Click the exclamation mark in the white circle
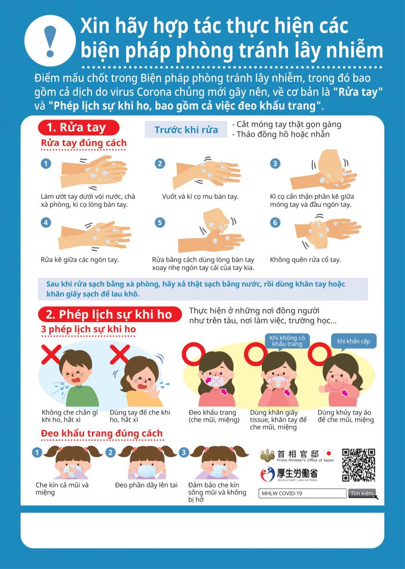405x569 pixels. [50, 41]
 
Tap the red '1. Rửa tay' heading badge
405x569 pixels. [79, 128]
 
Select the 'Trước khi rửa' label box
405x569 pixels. [186, 129]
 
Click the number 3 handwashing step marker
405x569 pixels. [275, 163]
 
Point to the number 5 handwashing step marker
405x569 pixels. [160, 223]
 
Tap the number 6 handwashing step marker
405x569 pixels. [275, 223]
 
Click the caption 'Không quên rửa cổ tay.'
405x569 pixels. [305, 260]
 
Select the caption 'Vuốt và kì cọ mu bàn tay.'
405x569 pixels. [200, 196]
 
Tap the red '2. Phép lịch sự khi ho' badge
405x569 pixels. [109, 314]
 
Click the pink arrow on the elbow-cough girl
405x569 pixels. [345, 393]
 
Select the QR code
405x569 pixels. [359, 465]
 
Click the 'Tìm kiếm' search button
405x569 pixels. [361, 493]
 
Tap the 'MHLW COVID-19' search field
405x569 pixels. [302, 493]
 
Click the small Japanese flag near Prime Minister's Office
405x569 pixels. [329, 453]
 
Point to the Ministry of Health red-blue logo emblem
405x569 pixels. [268, 474]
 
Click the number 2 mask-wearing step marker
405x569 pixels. [110, 452]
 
